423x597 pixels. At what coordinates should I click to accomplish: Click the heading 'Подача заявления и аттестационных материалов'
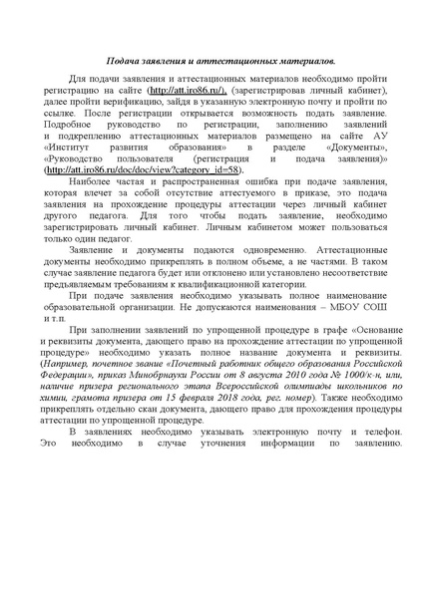click(211, 62)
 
